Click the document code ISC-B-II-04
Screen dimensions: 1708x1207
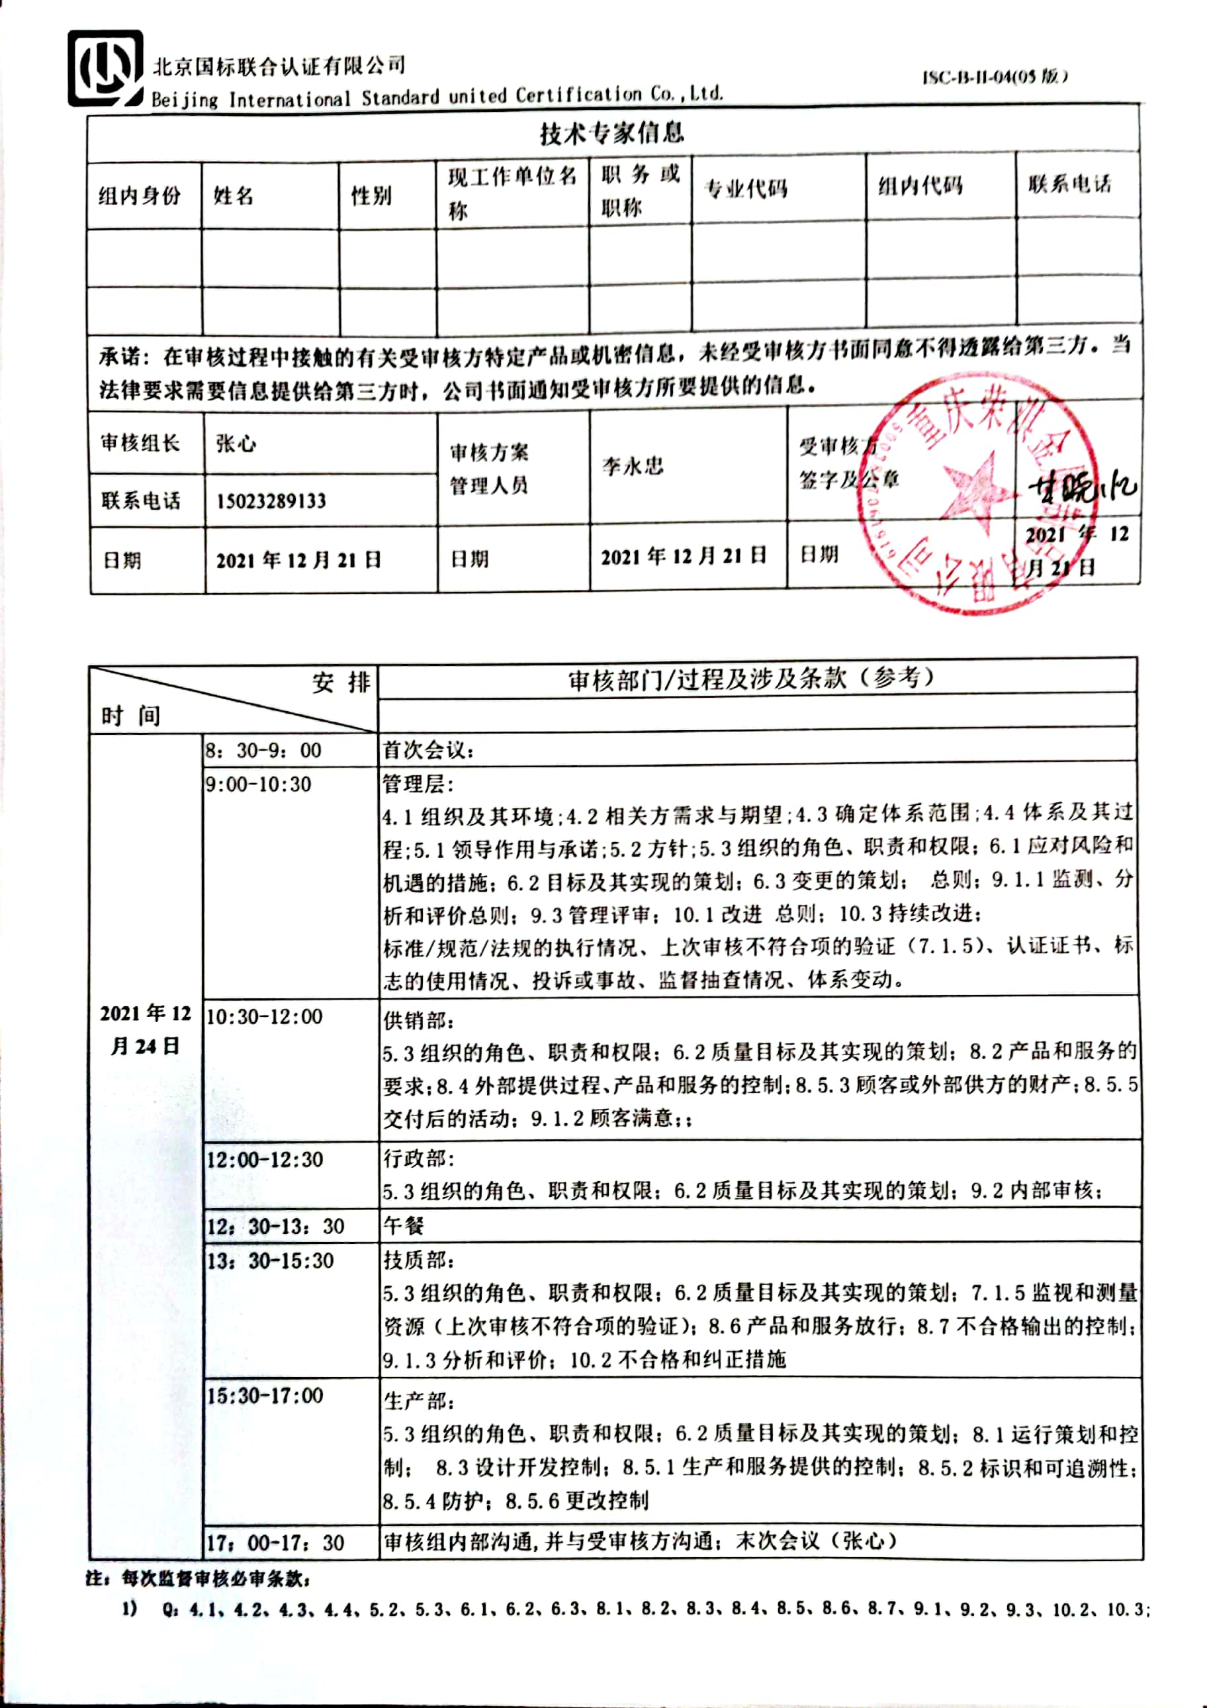point(995,77)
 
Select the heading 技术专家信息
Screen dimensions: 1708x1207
point(611,133)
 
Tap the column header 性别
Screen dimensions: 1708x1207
point(371,196)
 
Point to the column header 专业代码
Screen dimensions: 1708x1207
point(745,189)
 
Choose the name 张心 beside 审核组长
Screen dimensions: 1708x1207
point(236,444)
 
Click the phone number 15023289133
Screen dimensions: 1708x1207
point(271,500)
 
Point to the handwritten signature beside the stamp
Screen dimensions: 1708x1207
point(1082,489)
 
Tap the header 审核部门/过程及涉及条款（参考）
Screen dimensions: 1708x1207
point(751,678)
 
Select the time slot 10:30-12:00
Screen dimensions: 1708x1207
point(264,1016)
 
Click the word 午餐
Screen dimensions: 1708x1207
point(403,1226)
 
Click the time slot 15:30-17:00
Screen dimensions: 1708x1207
point(265,1396)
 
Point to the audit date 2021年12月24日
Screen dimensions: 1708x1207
point(146,1029)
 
